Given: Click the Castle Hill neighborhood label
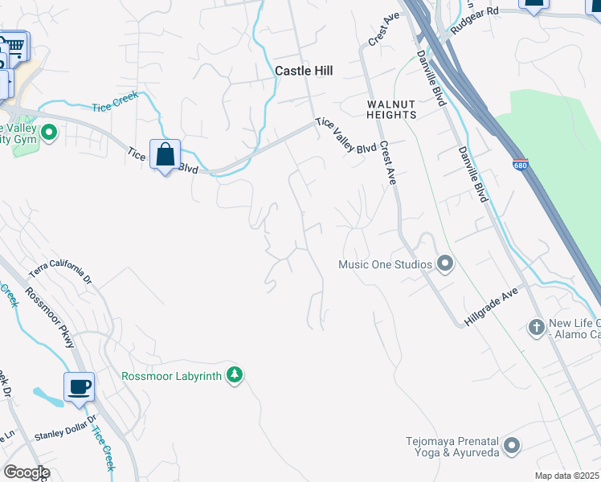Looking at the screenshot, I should click(304, 71).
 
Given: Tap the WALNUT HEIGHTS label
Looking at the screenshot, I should click(391, 109).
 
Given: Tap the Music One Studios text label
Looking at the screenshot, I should click(385, 263).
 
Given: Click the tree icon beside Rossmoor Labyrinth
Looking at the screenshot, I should click(234, 375).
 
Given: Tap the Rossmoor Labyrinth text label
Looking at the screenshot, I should click(171, 375).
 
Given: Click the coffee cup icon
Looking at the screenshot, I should click(79, 387).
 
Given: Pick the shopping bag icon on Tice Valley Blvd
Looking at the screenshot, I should click(165, 153).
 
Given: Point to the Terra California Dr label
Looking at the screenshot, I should click(61, 275).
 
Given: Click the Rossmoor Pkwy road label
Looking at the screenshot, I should click(50, 317).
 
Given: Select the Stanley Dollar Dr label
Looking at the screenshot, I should click(65, 428).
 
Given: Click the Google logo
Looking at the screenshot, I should click(26, 472).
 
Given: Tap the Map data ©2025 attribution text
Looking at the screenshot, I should click(566, 476).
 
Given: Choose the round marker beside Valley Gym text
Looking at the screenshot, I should click(48, 132).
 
